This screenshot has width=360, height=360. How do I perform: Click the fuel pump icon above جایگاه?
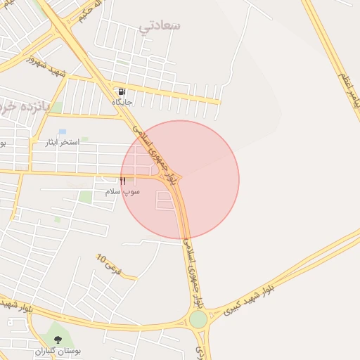click(x=122, y=91)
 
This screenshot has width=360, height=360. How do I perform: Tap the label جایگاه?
click(x=122, y=103)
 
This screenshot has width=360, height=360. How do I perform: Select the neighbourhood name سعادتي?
click(x=160, y=26)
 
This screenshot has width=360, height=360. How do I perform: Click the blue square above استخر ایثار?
click(x=62, y=131)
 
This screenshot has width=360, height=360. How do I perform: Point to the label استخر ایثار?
click(x=60, y=142)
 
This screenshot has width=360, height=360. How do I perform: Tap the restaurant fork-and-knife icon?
click(x=124, y=181)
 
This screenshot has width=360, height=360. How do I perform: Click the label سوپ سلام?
click(x=122, y=191)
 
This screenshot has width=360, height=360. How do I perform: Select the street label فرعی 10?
click(x=109, y=264)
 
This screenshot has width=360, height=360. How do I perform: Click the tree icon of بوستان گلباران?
click(x=58, y=340)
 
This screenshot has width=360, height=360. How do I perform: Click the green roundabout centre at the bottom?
click(x=198, y=319)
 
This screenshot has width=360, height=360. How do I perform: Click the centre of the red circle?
click(x=180, y=180)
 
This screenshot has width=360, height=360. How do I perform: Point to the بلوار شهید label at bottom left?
click(x=15, y=304)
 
